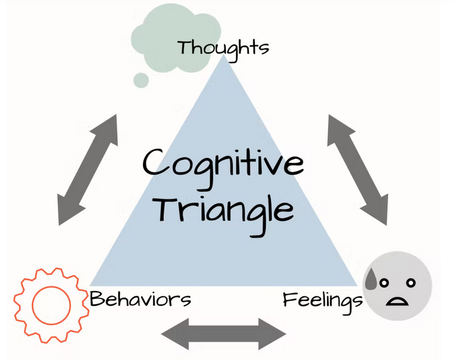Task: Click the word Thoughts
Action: click(x=223, y=47)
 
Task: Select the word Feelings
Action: click(x=322, y=300)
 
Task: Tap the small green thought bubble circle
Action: click(x=141, y=80)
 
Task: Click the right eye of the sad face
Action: click(x=407, y=283)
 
